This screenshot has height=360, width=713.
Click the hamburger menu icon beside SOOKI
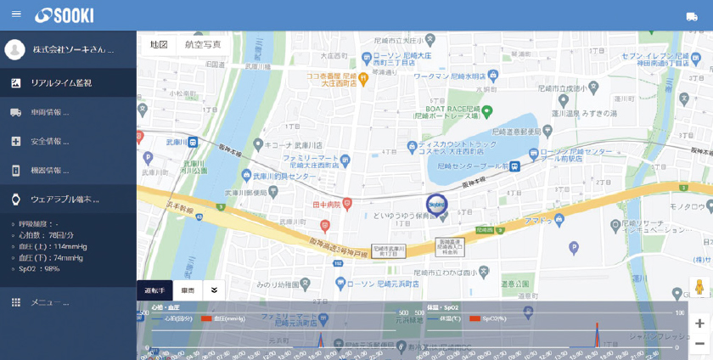(16, 14)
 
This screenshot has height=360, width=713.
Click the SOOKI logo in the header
(65, 15)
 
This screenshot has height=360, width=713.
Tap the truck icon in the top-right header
(692, 16)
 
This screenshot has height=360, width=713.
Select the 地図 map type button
(159, 45)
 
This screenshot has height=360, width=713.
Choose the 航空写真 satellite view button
(203, 45)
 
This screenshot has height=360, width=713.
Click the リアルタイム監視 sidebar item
(61, 83)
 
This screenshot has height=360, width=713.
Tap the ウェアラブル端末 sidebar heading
(65, 200)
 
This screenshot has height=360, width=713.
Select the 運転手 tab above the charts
(154, 290)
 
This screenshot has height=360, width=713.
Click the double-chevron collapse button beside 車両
(214, 290)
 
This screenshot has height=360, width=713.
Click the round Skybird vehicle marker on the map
(436, 205)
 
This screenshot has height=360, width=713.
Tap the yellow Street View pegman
(699, 288)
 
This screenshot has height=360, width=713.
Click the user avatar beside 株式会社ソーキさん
(14, 49)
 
